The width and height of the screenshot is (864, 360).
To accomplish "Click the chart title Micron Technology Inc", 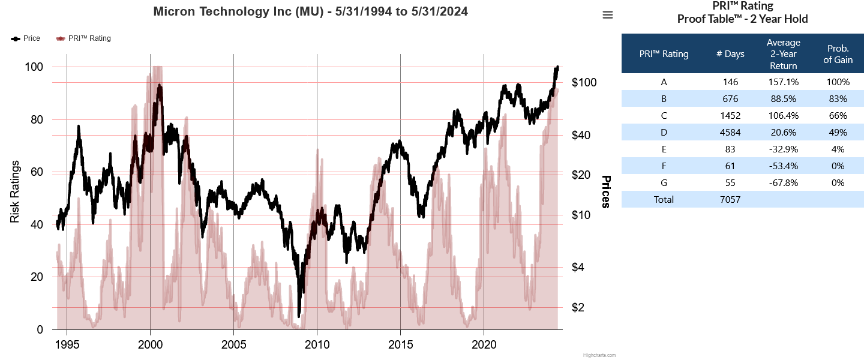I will click(x=310, y=11).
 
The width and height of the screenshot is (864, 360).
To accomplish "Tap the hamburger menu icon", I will click(x=608, y=15).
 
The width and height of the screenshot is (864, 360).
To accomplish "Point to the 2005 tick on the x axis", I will click(x=233, y=345).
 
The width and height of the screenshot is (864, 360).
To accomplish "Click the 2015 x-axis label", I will click(x=400, y=345).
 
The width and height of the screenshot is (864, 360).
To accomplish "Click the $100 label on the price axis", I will click(x=584, y=82).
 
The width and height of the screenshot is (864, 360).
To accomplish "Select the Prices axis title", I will click(x=606, y=192).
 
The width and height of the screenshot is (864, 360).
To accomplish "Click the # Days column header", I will click(x=730, y=54).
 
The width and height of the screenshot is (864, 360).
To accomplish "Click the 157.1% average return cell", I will click(x=783, y=82).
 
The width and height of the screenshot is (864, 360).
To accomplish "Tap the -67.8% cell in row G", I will click(x=783, y=183).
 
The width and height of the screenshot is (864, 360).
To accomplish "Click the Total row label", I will click(x=664, y=200).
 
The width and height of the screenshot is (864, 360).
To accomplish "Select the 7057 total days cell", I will click(x=730, y=200).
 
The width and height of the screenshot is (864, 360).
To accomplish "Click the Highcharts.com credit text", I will click(x=599, y=355).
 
